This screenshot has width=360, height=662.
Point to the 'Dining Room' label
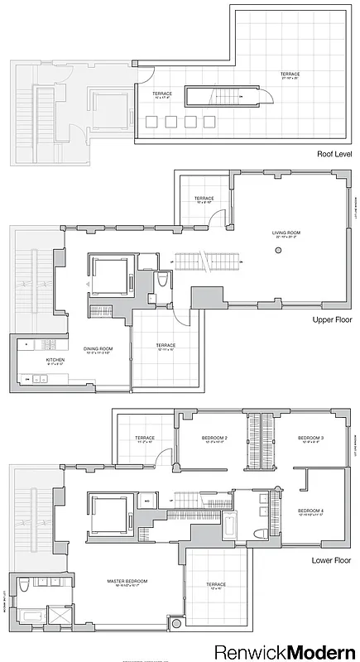[97, 350]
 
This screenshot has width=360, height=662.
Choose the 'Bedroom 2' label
[214, 439]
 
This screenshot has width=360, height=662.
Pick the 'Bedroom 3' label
[311, 439]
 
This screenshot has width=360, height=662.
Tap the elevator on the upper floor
[108, 276]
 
